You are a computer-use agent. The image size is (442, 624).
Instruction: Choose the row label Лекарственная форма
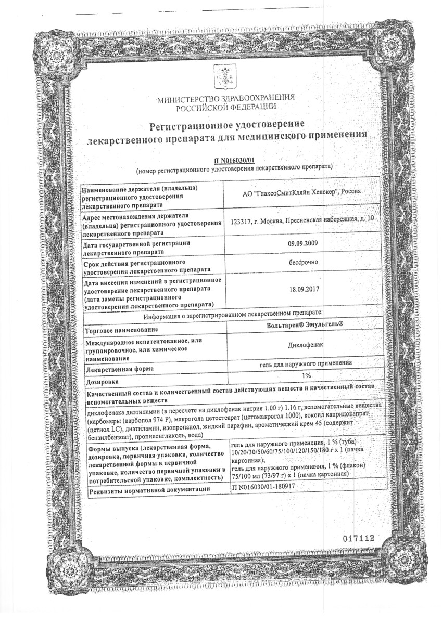[120, 370]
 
